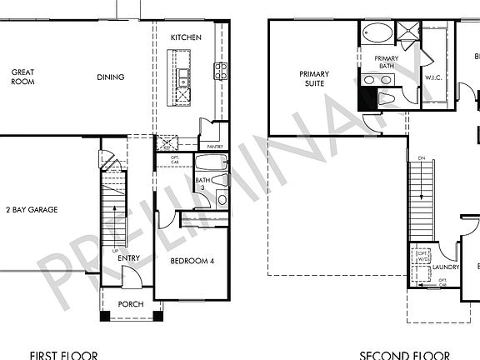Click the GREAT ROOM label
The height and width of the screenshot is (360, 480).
22,77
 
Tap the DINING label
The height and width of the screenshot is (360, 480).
110,77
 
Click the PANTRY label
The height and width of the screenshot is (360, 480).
215,147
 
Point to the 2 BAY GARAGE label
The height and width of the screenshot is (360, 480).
31,210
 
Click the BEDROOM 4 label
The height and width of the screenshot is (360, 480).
192,262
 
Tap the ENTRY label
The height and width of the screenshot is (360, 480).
128,258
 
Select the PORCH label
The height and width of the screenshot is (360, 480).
131,304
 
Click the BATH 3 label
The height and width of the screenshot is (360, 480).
202,184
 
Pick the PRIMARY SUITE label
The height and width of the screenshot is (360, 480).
314,78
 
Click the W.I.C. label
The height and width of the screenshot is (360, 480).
432,79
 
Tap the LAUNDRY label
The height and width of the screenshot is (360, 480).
447,267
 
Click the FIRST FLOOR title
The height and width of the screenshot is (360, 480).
63,355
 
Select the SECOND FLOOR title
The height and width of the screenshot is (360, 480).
398,355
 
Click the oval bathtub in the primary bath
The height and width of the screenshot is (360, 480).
378,34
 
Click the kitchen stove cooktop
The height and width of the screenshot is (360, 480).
221,71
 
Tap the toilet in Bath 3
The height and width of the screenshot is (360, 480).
219,179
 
